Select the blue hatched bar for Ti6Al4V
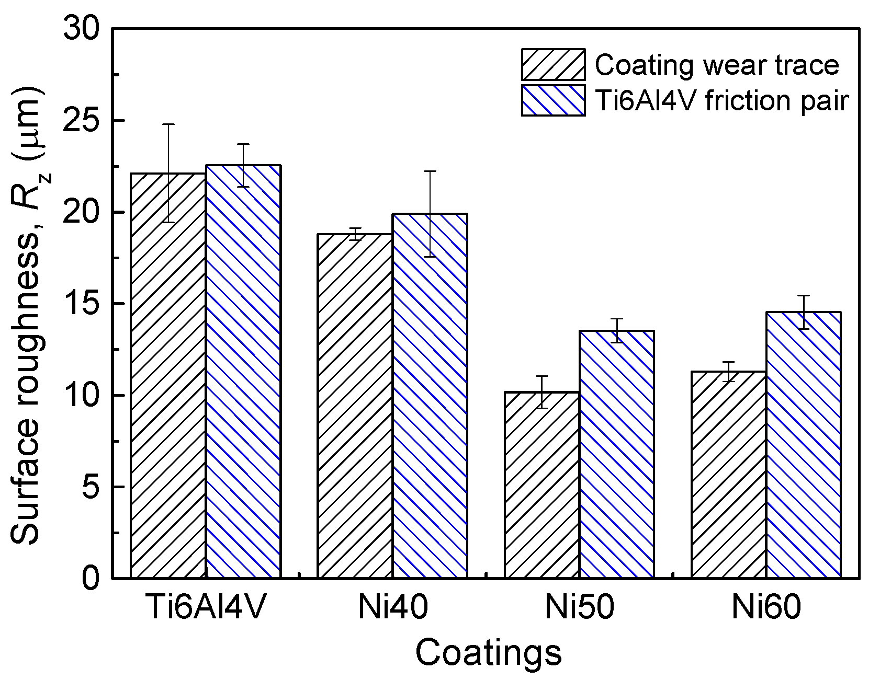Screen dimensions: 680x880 243,371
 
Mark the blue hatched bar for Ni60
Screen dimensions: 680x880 804,445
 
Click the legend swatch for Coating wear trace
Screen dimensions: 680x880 553,65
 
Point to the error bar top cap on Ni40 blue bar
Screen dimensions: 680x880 430,171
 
